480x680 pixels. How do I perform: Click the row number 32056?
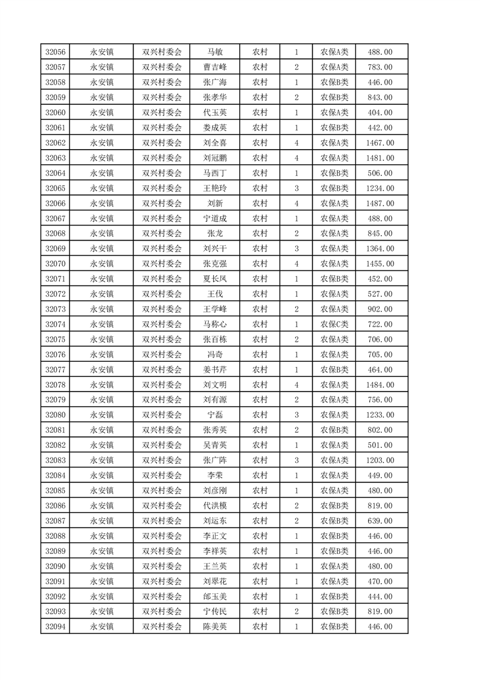(x=55, y=52)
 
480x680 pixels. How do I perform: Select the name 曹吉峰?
(x=215, y=67)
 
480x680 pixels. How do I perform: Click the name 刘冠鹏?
(x=215, y=158)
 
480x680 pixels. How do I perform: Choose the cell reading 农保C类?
(x=334, y=324)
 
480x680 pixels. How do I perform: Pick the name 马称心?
(x=215, y=324)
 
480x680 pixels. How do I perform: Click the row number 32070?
(x=55, y=264)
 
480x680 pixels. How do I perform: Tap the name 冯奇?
(x=215, y=355)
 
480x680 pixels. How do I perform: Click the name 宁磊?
(x=215, y=415)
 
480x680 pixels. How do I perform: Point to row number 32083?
(x=55, y=461)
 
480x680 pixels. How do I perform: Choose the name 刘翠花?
(x=215, y=581)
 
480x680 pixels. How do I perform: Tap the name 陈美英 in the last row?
(x=215, y=627)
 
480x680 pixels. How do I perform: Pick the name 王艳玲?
(x=215, y=188)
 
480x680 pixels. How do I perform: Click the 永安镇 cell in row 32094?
(x=102, y=627)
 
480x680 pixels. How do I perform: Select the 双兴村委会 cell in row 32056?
(x=162, y=52)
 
